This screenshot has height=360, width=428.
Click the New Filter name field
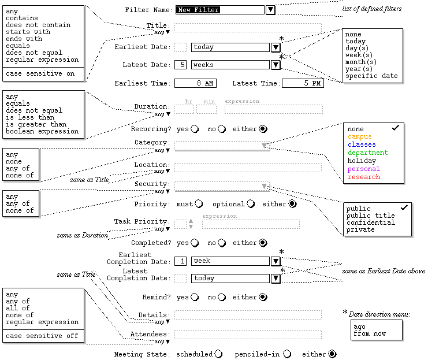219,10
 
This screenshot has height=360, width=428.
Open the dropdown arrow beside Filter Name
270,10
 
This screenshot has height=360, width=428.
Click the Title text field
248,27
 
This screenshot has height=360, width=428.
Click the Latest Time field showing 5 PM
303,83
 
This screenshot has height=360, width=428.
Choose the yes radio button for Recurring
196,129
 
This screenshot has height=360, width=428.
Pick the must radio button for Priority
199,204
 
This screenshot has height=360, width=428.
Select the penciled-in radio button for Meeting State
287,354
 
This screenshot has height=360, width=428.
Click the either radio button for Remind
263,298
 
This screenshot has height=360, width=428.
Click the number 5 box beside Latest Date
181,65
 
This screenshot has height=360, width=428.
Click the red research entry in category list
364,177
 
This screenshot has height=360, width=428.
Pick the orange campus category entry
360,136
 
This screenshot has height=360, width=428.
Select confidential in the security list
370,222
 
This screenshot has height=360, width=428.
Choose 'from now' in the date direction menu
370,334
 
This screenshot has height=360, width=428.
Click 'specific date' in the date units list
371,76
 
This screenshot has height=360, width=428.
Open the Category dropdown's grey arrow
265,146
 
